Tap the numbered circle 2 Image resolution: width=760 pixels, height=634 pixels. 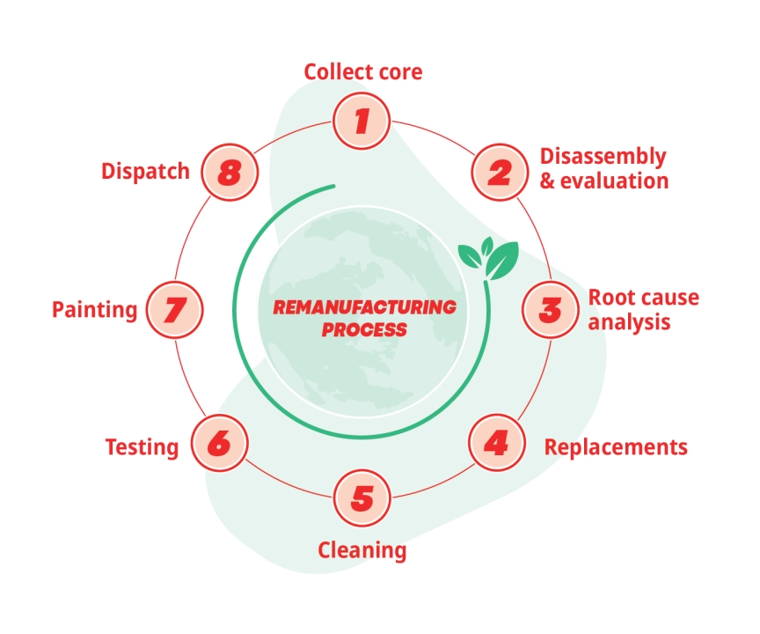point(499,171)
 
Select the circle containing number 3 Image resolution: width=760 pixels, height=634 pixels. point(550,310)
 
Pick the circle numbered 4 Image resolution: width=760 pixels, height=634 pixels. point(496,443)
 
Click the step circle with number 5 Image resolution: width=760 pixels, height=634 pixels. point(362,498)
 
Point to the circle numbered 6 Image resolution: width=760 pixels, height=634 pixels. point(218,444)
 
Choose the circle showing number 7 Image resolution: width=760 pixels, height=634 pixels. point(174,310)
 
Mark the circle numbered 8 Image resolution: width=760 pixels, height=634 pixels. point(229,172)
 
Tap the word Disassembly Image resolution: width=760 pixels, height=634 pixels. point(603,157)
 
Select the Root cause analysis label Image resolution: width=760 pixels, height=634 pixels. point(643,310)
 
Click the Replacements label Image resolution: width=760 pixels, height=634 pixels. point(616,447)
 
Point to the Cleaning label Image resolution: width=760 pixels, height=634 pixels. point(362,551)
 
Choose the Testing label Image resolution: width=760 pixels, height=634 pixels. point(142,447)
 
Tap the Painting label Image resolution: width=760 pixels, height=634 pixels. point(95,310)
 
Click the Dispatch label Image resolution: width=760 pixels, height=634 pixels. point(145,172)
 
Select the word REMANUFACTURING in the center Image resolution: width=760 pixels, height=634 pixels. point(364,308)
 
